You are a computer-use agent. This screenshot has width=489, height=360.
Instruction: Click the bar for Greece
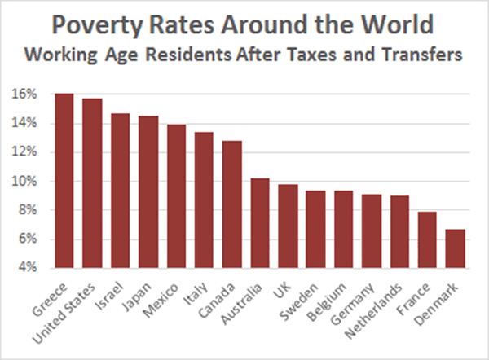pos(64,181)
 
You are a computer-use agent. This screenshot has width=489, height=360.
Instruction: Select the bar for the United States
pos(92,183)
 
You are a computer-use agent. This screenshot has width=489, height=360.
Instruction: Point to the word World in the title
pos(399,24)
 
